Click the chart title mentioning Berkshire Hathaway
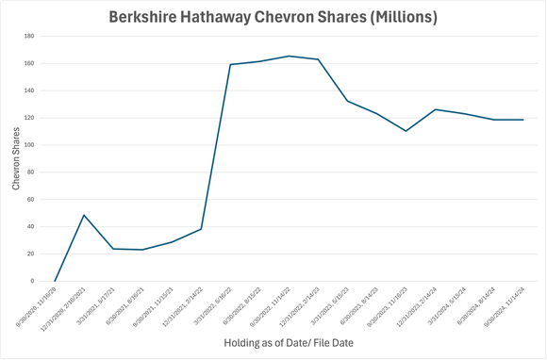click(273, 17)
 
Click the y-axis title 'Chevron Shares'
click(16, 158)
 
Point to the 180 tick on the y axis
click(29, 37)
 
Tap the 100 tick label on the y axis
click(29, 145)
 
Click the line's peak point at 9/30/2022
click(289, 56)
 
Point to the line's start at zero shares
click(55, 281)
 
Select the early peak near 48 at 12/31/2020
click(84, 215)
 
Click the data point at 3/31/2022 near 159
click(230, 64)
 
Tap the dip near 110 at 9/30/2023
click(406, 131)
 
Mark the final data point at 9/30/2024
click(522, 120)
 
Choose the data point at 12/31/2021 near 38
click(201, 229)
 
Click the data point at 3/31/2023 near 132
click(347, 101)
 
